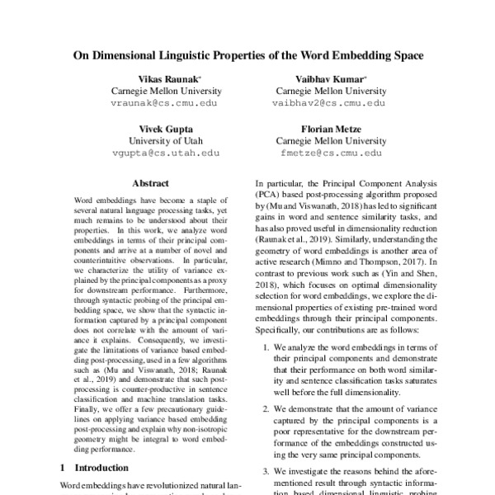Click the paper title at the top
click(x=247, y=56)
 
